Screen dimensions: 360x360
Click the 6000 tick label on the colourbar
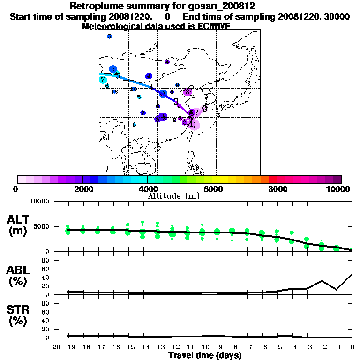click(212, 189)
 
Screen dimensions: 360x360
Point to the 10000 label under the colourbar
click(337, 189)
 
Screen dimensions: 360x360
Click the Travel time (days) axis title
click(205, 355)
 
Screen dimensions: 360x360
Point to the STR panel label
click(18, 310)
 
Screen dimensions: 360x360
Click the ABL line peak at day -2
click(322, 281)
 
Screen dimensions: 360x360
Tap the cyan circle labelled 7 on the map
click(103, 80)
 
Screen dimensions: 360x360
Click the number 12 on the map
click(114, 92)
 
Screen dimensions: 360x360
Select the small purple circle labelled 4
click(167, 62)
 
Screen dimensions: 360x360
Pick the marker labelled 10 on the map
click(134, 89)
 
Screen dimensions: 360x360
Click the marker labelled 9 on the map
click(205, 108)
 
